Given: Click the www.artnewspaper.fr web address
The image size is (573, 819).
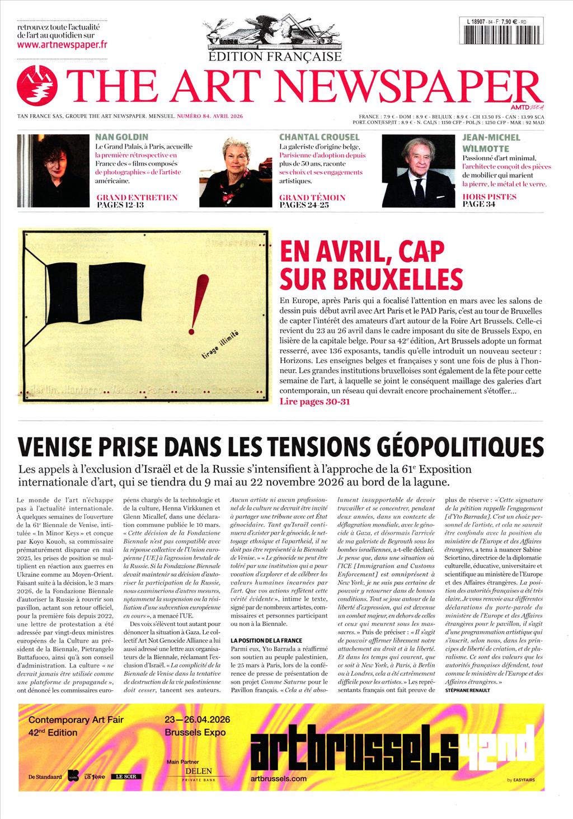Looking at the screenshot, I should click(x=62, y=45).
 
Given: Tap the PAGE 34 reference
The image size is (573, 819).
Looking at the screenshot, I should click(x=479, y=205).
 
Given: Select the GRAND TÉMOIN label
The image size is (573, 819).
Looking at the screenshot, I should click(x=312, y=197).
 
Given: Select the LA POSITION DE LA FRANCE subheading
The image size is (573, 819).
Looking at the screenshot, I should click(x=266, y=640).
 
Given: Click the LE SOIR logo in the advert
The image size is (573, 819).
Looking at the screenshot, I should click(x=126, y=776).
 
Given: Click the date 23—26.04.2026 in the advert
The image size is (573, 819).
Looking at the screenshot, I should click(x=198, y=719).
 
